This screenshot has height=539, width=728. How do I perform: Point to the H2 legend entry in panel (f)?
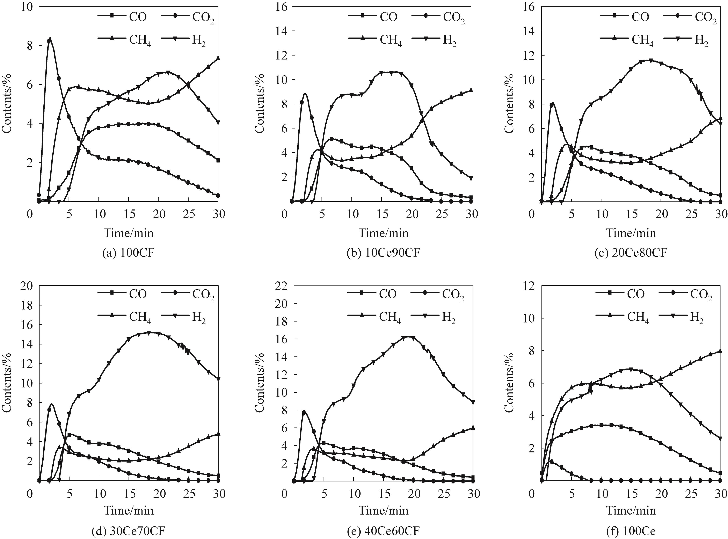pyautogui.click(x=685, y=318)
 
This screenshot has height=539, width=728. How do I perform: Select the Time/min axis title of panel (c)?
pyautogui.click(x=631, y=233)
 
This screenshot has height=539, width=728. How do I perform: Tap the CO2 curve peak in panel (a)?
pyautogui.click(x=50, y=38)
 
